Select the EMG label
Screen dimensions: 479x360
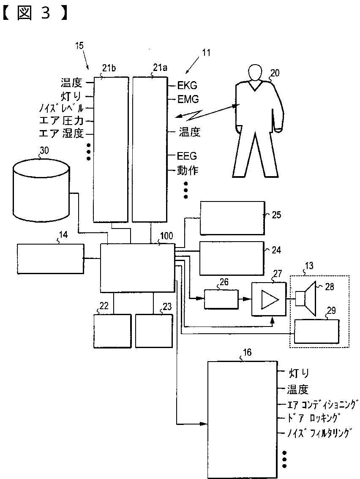click(x=188, y=100)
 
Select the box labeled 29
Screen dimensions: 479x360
click(x=316, y=332)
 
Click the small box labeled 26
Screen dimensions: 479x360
click(x=221, y=299)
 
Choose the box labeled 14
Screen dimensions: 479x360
click(x=50, y=259)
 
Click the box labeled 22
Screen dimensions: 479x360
click(x=112, y=331)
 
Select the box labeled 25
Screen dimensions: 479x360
click(x=232, y=218)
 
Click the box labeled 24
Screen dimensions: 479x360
click(x=232, y=258)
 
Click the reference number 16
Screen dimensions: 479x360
click(x=248, y=353)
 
